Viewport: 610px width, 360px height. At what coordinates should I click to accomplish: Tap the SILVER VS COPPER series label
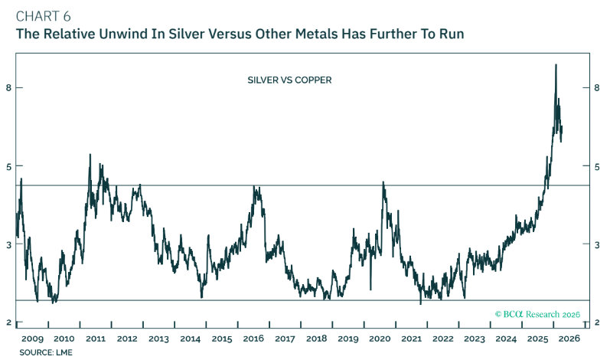coord(289,79)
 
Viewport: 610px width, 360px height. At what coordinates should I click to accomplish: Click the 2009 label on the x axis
coord(31,339)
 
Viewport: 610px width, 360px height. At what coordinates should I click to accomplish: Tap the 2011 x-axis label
coord(95,339)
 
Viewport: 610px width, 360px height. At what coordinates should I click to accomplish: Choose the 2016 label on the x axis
coord(253,339)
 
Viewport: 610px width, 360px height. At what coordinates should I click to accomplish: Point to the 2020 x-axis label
coord(380,339)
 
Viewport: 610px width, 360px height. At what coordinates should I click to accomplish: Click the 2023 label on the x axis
coord(475,339)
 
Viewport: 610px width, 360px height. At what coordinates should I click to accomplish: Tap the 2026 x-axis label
coord(569,339)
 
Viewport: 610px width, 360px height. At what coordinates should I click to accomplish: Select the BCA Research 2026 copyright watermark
coord(537,314)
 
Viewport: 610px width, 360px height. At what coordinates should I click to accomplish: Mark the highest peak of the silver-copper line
coord(555,65)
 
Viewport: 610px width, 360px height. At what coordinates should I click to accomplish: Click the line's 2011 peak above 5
coord(90,155)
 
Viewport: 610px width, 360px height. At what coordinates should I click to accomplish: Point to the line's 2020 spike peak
coord(383,182)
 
